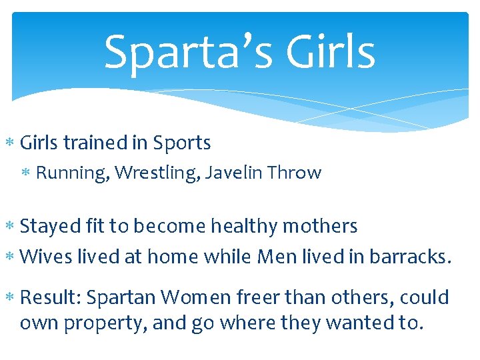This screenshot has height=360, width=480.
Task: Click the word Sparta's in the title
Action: (184, 53)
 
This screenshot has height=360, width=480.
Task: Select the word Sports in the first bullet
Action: (182, 143)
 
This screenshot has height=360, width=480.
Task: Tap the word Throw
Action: (294, 173)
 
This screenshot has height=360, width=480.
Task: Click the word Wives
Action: (45, 257)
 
